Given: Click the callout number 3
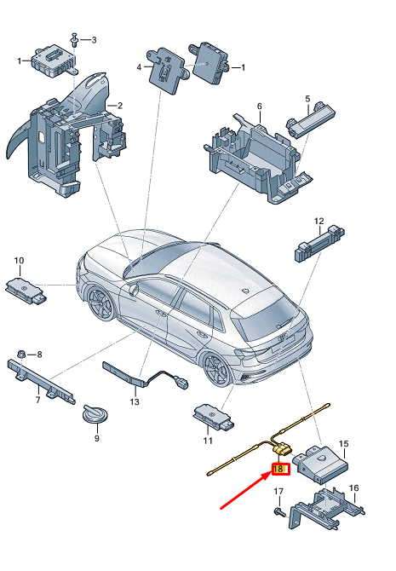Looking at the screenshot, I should [94, 40].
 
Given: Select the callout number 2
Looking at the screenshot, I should [120, 106].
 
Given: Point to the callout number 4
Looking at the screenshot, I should [139, 66].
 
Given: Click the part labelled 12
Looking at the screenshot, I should [319, 243].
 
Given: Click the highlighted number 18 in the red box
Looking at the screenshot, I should [278, 468].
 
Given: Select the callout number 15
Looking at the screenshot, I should [344, 444].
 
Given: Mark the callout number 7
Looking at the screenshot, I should [37, 399].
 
